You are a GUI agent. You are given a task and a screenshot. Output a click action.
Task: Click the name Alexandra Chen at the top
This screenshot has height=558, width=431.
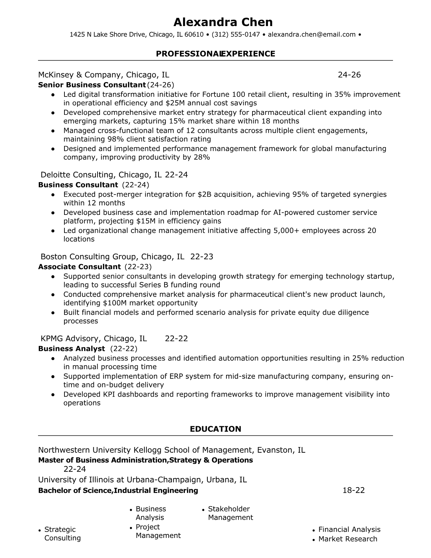[223, 22]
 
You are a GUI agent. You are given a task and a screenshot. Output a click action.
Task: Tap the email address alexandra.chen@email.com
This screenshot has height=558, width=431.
[312, 35]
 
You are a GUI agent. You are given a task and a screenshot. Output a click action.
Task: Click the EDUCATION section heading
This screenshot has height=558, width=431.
[216, 429]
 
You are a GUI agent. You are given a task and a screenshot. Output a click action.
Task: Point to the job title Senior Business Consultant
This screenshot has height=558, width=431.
[92, 85]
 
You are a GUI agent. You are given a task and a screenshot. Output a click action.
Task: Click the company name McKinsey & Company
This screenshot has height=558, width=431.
[80, 75]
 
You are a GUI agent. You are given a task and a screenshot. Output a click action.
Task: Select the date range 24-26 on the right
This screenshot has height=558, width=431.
[349, 75]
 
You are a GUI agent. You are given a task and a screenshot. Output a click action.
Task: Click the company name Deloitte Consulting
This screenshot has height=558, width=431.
[77, 175]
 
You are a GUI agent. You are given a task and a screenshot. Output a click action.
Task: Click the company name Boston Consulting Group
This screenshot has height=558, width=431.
[90, 256]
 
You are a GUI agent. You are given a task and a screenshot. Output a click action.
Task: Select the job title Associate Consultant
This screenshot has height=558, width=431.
[79, 267]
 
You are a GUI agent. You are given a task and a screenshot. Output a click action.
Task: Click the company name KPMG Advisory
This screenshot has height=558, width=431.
[70, 339]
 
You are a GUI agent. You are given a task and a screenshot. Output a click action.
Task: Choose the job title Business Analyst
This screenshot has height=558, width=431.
[71, 349]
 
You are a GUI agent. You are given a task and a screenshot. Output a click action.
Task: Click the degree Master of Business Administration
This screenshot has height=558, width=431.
[102, 460]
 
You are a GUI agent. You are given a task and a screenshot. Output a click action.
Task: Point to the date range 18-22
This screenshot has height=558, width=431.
[354, 490]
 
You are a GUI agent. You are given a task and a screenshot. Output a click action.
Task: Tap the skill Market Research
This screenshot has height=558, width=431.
[348, 539]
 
